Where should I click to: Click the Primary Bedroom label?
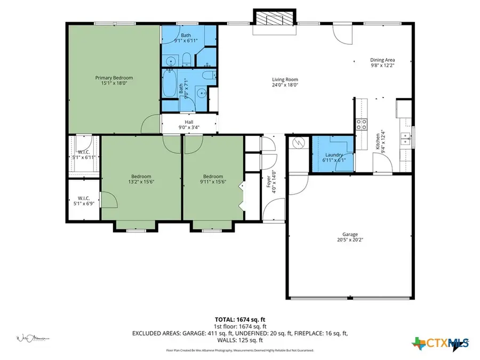tap(114, 78)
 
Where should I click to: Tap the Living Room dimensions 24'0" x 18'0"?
tap(284, 85)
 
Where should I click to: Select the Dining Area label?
tap(382, 60)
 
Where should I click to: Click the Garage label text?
tap(350, 234)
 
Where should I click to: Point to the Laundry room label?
tap(333, 155)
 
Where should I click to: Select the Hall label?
tap(189, 122)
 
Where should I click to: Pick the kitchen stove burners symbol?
tap(362, 125)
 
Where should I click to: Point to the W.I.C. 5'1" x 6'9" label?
tap(82, 200)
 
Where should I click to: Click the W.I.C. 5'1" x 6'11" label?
tap(82, 155)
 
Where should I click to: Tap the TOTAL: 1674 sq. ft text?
tap(239, 320)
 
